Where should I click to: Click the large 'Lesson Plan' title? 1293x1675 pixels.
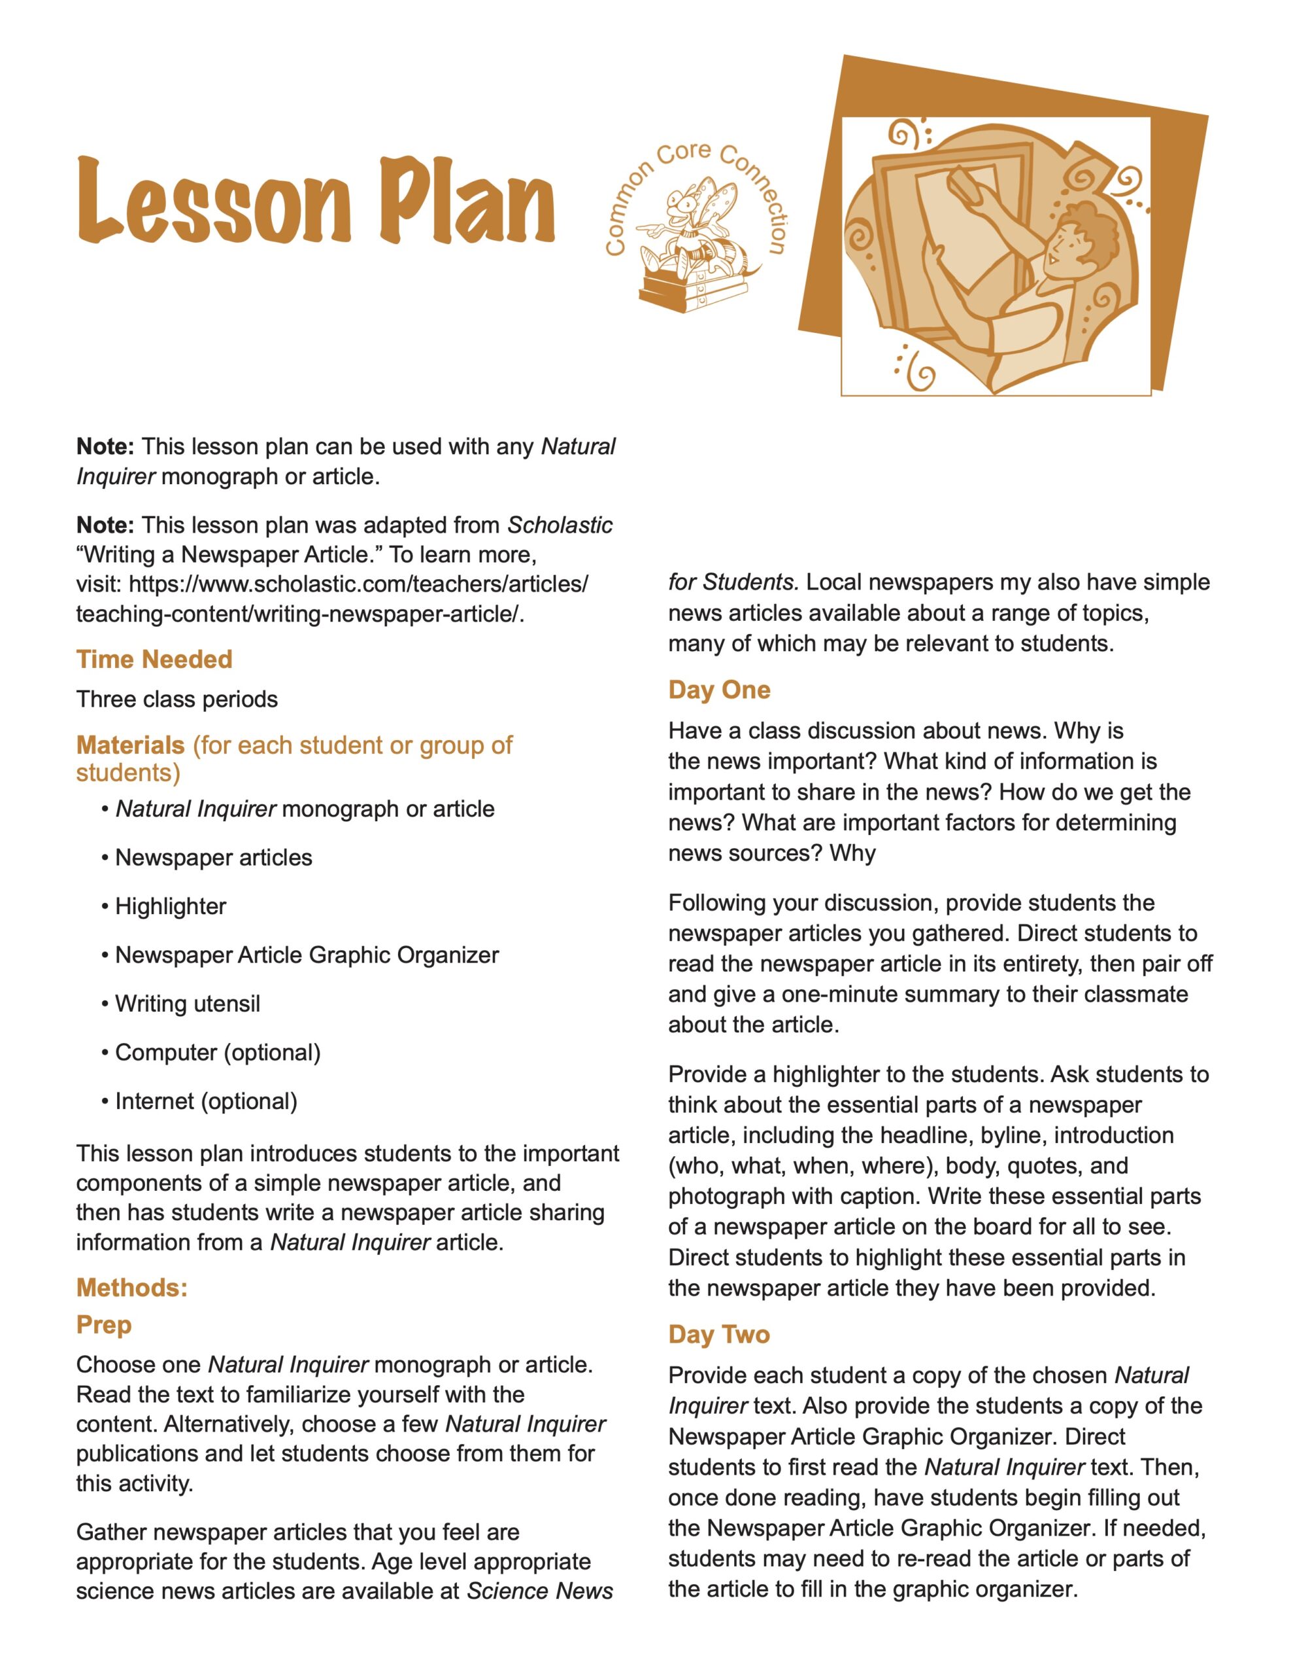click(315, 201)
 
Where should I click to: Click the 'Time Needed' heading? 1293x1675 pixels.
click(154, 659)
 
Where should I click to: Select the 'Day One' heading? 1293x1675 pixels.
click(719, 690)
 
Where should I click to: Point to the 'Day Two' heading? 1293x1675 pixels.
click(719, 1335)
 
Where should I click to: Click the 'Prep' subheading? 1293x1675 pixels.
click(104, 1324)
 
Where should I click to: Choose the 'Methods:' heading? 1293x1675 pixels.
click(132, 1287)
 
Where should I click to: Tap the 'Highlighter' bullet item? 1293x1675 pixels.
click(170, 906)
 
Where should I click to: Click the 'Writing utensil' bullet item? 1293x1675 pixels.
click(187, 1004)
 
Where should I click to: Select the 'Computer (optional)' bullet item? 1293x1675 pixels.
click(218, 1052)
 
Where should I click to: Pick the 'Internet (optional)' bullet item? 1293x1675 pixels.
click(205, 1101)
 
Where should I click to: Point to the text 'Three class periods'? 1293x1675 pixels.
click(177, 699)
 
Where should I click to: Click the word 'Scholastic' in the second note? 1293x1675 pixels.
click(560, 525)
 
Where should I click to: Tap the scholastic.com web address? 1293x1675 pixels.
click(332, 599)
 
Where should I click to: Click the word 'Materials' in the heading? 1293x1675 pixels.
click(130, 745)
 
